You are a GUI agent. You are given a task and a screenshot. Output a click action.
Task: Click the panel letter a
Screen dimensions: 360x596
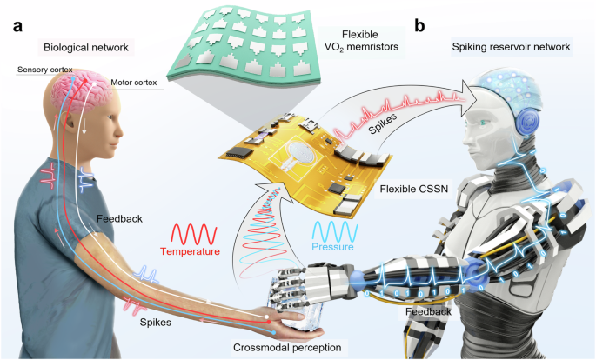coord(17,27)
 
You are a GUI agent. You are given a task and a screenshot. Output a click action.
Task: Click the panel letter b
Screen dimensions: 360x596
coord(420,26)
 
